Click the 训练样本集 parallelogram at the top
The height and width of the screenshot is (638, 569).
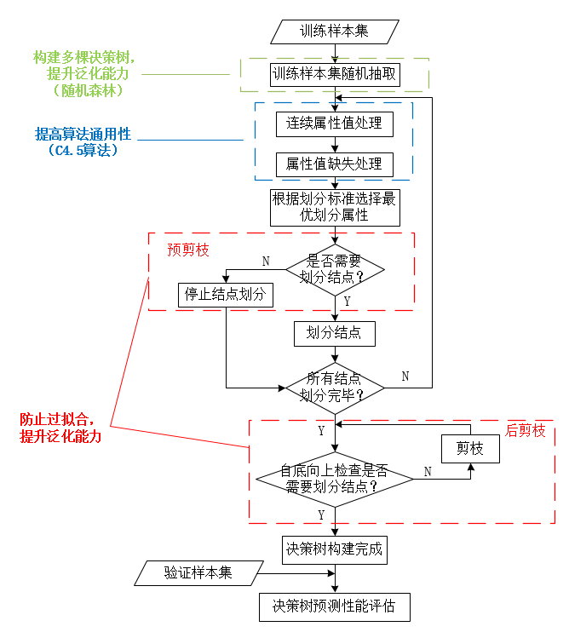(x=334, y=32)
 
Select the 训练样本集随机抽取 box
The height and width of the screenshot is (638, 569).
(x=335, y=74)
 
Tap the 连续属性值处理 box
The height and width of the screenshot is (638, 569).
(x=334, y=123)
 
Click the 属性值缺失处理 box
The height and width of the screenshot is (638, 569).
(x=334, y=164)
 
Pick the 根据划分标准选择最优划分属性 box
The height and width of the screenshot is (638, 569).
(x=334, y=207)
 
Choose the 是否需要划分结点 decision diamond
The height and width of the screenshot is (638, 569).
(x=335, y=270)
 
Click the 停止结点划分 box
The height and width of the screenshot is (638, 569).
(x=226, y=296)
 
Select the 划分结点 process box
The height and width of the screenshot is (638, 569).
(x=334, y=333)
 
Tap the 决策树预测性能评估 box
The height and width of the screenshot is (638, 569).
(x=334, y=606)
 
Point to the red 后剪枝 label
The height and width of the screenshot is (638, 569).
(x=525, y=431)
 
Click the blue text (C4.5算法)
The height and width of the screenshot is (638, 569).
(x=83, y=150)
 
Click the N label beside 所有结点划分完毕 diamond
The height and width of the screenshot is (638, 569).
(x=405, y=376)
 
